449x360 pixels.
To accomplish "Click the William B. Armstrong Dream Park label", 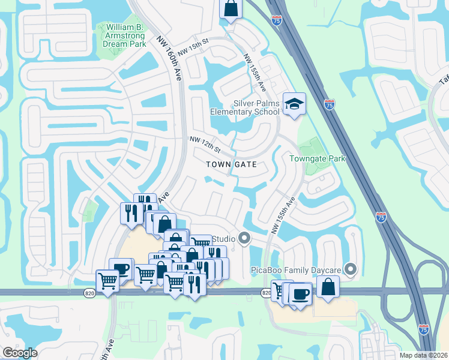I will [124, 35].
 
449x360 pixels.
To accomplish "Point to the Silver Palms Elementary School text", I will [245, 107].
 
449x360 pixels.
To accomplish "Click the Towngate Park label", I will [318, 159].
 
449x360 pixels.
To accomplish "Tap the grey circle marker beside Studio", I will [244, 239].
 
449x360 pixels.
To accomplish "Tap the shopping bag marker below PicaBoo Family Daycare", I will [329, 286].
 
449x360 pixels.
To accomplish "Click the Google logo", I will [19, 353].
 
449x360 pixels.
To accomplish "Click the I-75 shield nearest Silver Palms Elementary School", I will [329, 104].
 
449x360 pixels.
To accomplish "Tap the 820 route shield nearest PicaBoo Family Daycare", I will [267, 293].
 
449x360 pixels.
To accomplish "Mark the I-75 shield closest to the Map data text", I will [424, 329].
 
